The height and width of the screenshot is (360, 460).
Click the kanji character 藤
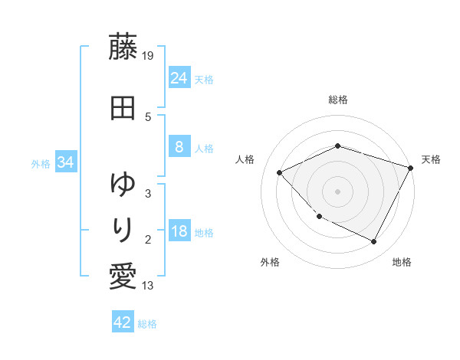coord(123,48)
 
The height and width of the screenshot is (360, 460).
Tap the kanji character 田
coord(123,108)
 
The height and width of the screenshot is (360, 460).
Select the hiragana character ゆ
coord(123,185)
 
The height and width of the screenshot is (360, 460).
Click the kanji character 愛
coord(123,276)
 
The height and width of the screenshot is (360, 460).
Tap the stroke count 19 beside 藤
coord(149,55)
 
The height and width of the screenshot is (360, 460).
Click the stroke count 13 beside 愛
coord(149,286)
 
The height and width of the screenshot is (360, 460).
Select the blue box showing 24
coord(179,77)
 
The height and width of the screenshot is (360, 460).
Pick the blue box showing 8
coord(179,147)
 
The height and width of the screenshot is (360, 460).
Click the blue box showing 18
coord(179,232)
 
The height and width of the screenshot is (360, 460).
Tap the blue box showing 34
coord(65,162)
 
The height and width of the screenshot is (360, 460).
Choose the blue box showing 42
coord(123,322)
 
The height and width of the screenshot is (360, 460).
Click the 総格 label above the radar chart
coord(338,100)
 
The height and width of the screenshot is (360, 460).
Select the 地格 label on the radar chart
coord(402,262)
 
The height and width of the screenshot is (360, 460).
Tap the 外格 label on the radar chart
coord(270,262)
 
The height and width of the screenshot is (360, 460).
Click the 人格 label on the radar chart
coord(245,159)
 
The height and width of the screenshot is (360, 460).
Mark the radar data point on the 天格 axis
coord(412,167)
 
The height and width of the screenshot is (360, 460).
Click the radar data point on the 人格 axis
coord(280,173)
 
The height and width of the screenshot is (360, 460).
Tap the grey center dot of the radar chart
coord(338,191)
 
